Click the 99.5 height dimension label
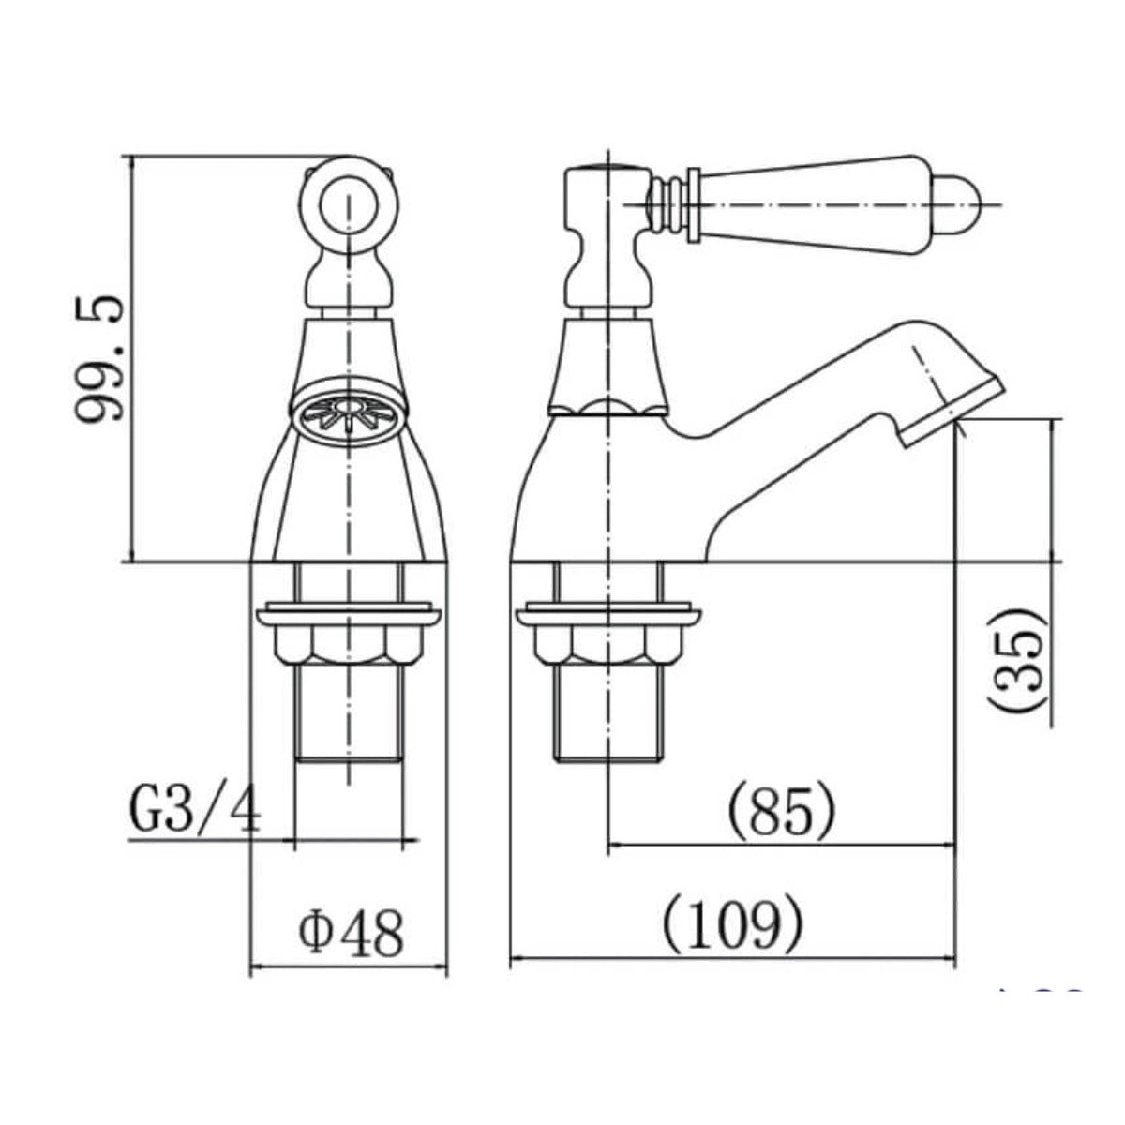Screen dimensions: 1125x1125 pyautogui.click(x=99, y=358)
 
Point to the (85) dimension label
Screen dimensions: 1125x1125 pyautogui.click(x=782, y=812)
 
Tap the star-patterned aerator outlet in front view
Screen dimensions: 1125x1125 pyautogui.click(x=348, y=412)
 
